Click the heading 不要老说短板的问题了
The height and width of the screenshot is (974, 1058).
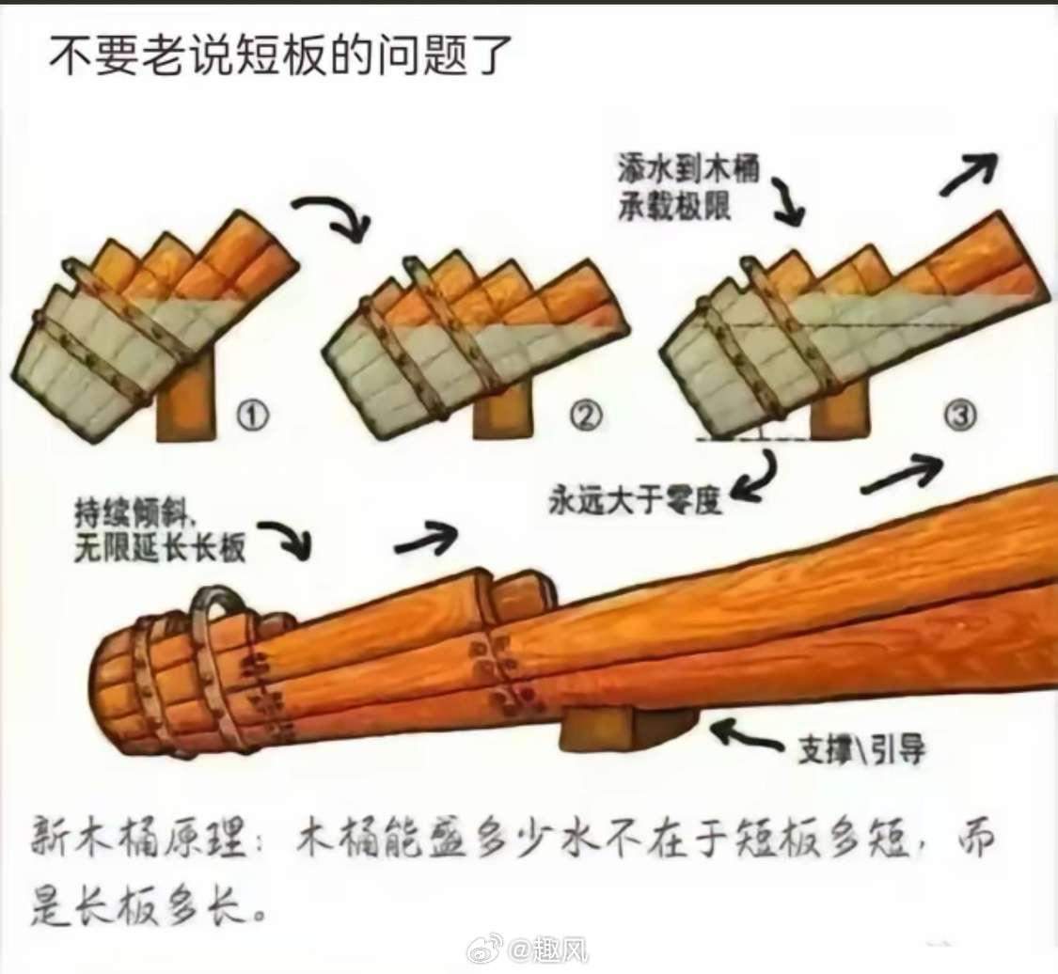[x=280, y=55]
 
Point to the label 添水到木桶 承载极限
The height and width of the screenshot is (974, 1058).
[x=688, y=185]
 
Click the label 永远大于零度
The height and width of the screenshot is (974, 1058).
[x=635, y=500]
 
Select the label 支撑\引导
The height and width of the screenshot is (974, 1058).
[x=861, y=748]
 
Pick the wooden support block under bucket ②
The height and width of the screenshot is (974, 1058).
[x=503, y=412]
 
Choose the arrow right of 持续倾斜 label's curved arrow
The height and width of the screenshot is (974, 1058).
[x=426, y=539]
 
